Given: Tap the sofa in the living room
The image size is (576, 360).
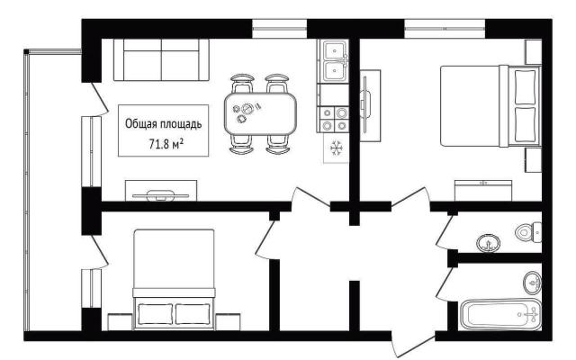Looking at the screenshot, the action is point(161,59).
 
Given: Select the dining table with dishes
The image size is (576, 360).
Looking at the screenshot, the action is point(260,113).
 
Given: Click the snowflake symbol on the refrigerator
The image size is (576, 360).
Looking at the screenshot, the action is point(336,148).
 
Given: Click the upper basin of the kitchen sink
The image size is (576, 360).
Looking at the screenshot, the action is point(335,50).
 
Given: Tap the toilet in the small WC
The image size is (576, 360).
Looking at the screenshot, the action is point(528,232).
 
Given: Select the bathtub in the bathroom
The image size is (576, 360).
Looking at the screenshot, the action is point(500,314).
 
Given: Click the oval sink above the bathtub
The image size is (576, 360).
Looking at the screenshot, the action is point(532,283).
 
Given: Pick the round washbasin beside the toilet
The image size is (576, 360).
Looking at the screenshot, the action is point(489,243).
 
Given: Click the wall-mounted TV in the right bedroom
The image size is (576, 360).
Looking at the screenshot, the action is point(365,104).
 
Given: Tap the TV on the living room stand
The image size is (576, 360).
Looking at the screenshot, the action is point(160,195).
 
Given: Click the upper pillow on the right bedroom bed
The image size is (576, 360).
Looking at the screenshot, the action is point(525,86).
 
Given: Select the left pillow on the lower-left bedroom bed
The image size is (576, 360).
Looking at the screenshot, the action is point(156,314).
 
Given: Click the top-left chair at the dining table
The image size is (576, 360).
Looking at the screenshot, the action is point(242,84).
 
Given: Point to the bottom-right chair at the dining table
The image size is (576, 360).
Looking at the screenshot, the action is point(278,144).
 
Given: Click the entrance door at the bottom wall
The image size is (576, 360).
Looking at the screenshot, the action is point(413,344).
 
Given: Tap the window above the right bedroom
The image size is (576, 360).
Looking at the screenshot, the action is point(445,28).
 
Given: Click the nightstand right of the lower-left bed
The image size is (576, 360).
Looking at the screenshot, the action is point(228,322).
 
